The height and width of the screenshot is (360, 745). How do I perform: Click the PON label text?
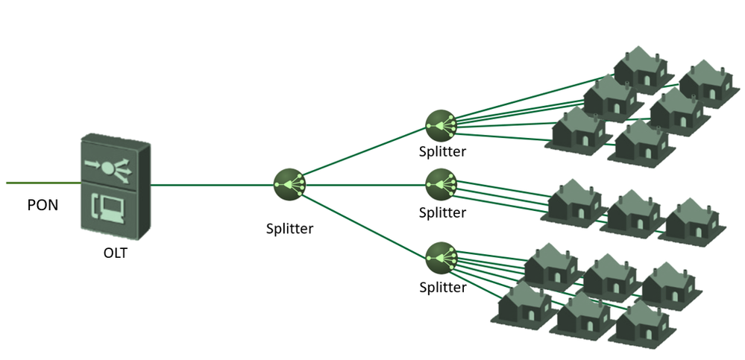[x=43, y=205]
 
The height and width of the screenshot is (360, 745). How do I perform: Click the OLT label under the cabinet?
[x=116, y=253]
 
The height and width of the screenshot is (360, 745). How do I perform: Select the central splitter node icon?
[x=288, y=183]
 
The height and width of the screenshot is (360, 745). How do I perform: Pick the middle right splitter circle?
[x=440, y=183]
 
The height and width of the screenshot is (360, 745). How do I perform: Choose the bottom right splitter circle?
[x=440, y=257]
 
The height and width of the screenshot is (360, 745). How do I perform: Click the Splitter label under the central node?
[x=289, y=229]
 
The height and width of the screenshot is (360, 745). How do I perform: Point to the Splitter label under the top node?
[x=442, y=152]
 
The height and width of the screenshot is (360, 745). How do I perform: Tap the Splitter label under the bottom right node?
[x=442, y=287]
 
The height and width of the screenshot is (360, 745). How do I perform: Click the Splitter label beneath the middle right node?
[x=442, y=212]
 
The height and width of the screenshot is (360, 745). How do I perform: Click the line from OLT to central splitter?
[x=213, y=183]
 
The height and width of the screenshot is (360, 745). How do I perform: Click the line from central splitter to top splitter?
[x=362, y=154]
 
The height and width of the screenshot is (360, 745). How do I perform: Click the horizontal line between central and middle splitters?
[x=362, y=183]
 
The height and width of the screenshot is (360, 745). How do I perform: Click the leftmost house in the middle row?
[x=575, y=200]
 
